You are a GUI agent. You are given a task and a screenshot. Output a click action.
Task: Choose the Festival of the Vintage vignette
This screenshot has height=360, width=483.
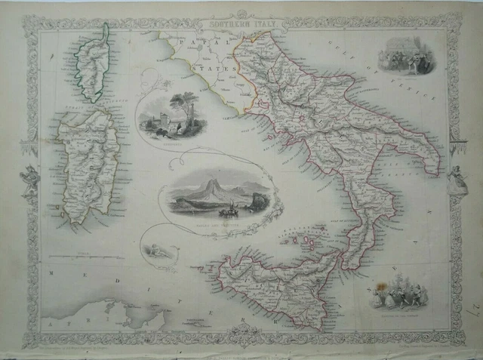[397, 291]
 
